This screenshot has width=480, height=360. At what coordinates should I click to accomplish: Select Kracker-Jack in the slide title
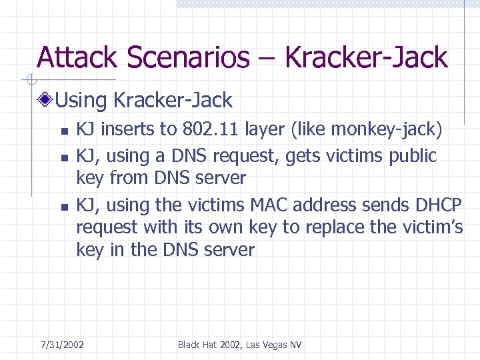point(366,58)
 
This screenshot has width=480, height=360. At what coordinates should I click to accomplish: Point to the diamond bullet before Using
point(46,101)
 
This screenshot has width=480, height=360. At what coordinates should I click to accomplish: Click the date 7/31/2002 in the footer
point(62,345)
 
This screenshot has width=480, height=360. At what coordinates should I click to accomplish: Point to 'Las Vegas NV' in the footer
point(274,345)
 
